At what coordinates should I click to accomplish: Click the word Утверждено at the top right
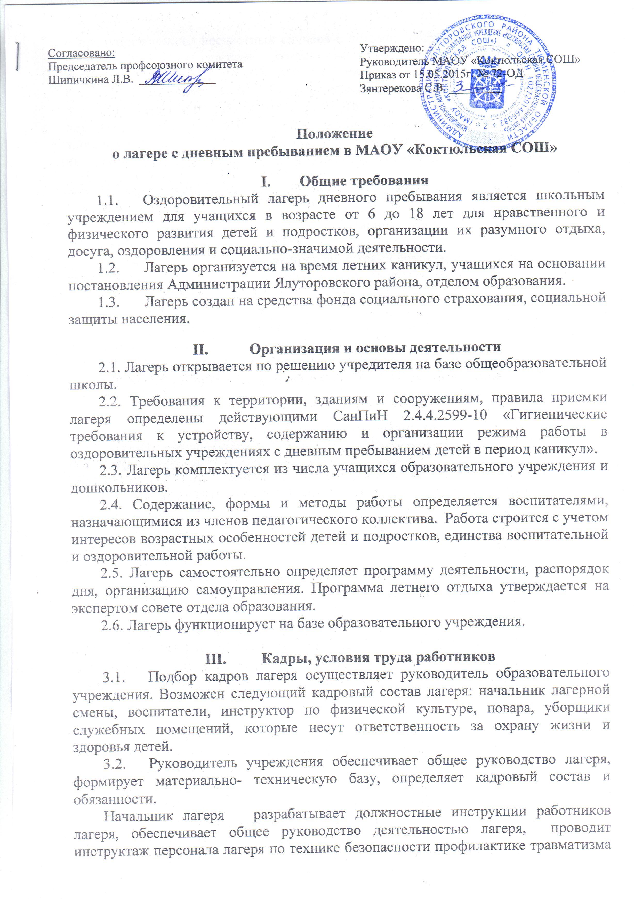(x=392, y=48)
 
